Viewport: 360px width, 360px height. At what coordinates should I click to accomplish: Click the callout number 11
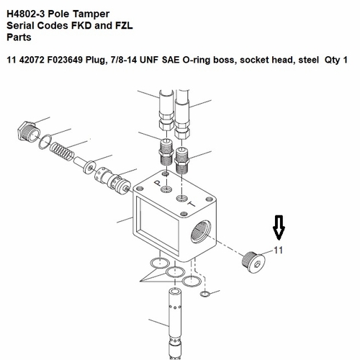click(279, 252)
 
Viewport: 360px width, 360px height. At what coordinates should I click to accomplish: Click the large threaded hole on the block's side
click(200, 234)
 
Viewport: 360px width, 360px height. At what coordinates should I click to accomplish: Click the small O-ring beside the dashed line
click(206, 294)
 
